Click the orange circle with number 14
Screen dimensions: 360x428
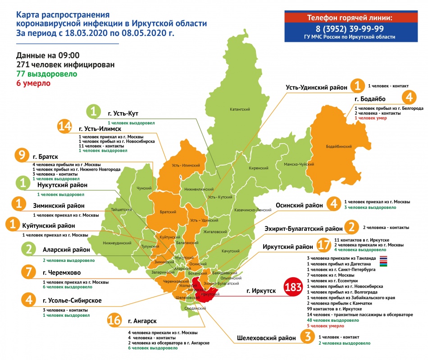click(67, 127)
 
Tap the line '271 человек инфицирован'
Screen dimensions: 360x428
click(65, 65)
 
